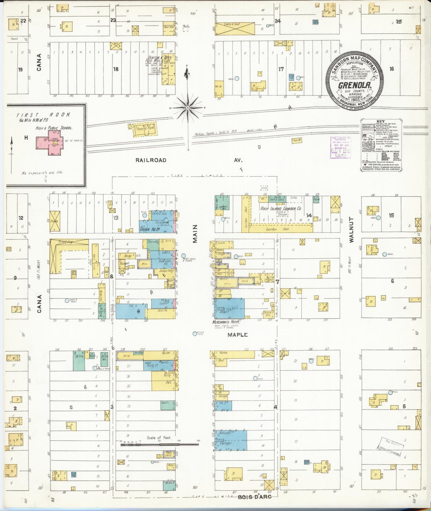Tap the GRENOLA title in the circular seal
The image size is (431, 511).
coord(354,85)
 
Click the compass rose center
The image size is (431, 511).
coord(188,108)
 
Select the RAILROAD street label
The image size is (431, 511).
coord(151,160)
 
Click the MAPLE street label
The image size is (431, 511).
coord(237,335)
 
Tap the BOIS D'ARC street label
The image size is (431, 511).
coord(254,497)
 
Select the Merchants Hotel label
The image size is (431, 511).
coord(227,322)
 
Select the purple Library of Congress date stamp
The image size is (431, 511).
coord(341,147)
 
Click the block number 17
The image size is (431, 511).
coord(281,69)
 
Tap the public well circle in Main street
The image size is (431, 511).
coord(183,256)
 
